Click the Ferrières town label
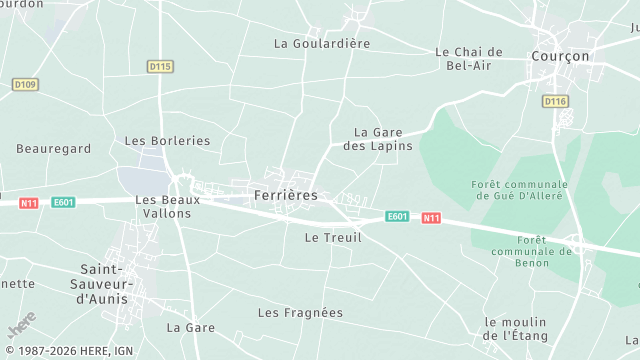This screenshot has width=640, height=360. point(286,195)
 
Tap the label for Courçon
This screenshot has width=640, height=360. point(561,57)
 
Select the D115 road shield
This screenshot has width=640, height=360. point(160,66)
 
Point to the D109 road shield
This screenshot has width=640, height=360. point(25,85)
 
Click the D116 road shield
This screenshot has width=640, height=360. point(555,101)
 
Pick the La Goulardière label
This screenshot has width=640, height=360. point(322,44)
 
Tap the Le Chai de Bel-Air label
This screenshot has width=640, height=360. point(468,59)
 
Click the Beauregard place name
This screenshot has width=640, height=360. point(54,149)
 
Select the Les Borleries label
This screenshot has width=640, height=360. point(167,141)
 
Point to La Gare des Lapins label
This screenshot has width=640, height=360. point(384,139)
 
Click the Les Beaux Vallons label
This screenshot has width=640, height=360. point(168,207)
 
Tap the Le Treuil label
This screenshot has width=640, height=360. point(333,238)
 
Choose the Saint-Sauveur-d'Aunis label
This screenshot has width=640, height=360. point(113,284)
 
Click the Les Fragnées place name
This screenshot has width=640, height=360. point(300,313)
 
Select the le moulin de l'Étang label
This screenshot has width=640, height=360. point(518,329)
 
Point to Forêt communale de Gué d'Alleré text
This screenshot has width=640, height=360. point(518,189)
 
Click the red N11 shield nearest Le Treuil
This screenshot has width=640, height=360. point(431,218)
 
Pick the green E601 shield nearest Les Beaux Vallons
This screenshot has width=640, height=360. point(64,202)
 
